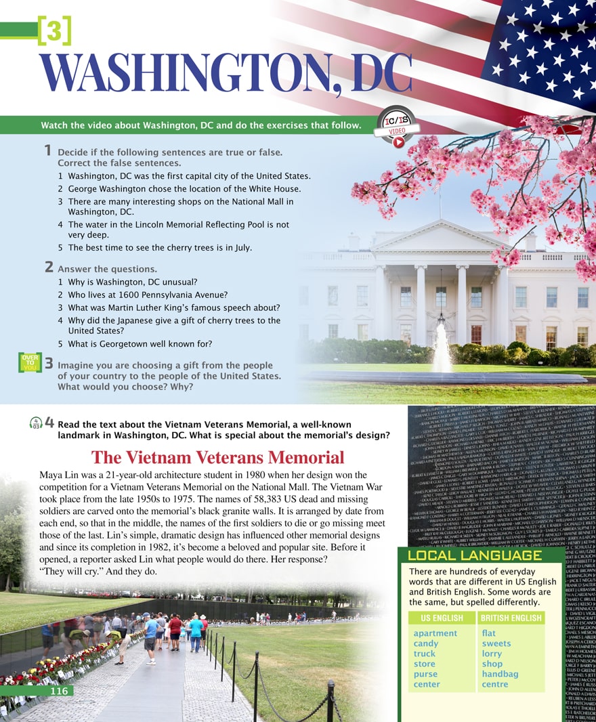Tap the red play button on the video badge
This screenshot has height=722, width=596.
coord(399,142)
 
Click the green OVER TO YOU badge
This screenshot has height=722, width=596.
coord(30,362)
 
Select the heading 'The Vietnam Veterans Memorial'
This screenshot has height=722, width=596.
coord(217,457)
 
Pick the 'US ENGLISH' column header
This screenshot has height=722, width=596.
coord(442,618)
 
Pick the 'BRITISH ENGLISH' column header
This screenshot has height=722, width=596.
coord(511,618)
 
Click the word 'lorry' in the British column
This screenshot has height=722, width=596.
coord(492,654)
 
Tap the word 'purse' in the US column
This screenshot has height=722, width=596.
coord(425,674)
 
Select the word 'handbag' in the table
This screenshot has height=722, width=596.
coord(500,674)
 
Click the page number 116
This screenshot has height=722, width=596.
coord(59,691)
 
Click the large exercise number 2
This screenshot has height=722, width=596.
coord(49,268)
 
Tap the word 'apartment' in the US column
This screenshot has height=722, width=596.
coord(435,633)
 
